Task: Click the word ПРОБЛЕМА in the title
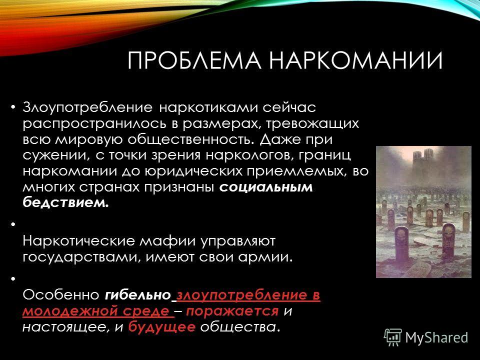coord(194,60)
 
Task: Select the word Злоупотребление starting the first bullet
coord(87,108)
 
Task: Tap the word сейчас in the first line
coord(289,107)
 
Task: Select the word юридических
coord(193,171)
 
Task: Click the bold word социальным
coord(266,187)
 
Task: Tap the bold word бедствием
coord(65,202)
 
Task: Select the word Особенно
coord(61,295)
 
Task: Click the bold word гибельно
coord(137,295)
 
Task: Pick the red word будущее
coord(162,327)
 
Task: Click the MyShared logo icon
coord(393,337)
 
